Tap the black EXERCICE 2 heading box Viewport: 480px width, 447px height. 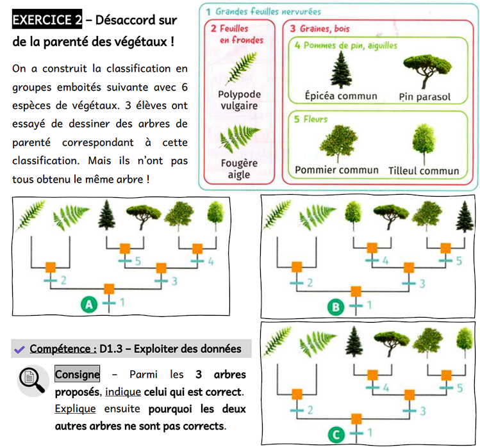click(47, 20)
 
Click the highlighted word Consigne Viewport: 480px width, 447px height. click(78, 374)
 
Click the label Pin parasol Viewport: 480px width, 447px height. click(425, 97)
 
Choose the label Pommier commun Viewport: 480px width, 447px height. click(336, 170)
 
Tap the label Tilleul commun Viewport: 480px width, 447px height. click(424, 171)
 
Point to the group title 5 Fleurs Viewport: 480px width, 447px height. click(311, 119)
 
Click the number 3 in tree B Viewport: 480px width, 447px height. click(422, 284)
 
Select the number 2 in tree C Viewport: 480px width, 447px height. click(309, 410)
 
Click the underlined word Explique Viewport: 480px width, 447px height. click(75, 408)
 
